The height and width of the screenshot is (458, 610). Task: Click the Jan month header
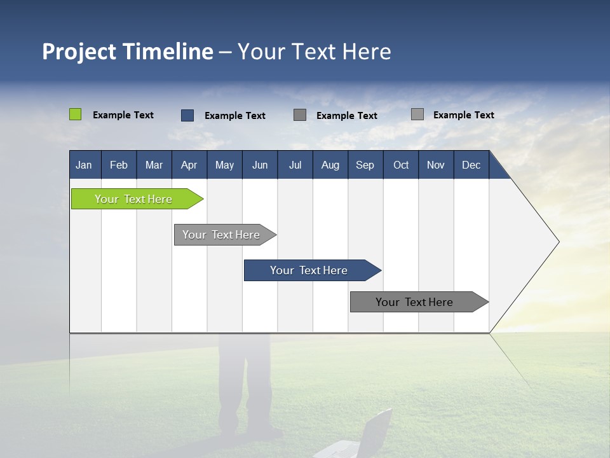coord(84,165)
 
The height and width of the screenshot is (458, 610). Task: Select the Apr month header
coord(189,165)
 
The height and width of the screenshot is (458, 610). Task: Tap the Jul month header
coord(295,165)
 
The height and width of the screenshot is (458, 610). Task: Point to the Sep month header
coord(365,165)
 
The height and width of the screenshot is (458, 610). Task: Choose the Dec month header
coord(471,165)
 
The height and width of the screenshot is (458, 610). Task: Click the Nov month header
coord(435,165)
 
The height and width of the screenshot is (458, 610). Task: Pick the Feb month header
coord(119,165)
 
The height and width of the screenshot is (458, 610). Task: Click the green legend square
coord(75,114)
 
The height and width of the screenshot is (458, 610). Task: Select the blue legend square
coord(187,115)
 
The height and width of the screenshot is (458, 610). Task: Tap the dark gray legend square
coord(300,114)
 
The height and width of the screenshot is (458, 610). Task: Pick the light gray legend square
coord(417,114)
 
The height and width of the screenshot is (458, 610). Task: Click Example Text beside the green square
coord(123,115)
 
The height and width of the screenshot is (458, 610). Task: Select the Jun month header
coord(259,165)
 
